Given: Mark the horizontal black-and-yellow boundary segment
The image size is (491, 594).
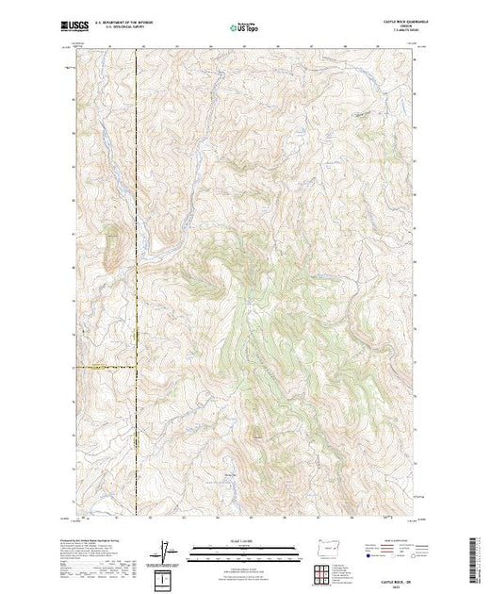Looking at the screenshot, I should point(104,367).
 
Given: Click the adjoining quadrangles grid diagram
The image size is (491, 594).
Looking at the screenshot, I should point(321,573).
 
